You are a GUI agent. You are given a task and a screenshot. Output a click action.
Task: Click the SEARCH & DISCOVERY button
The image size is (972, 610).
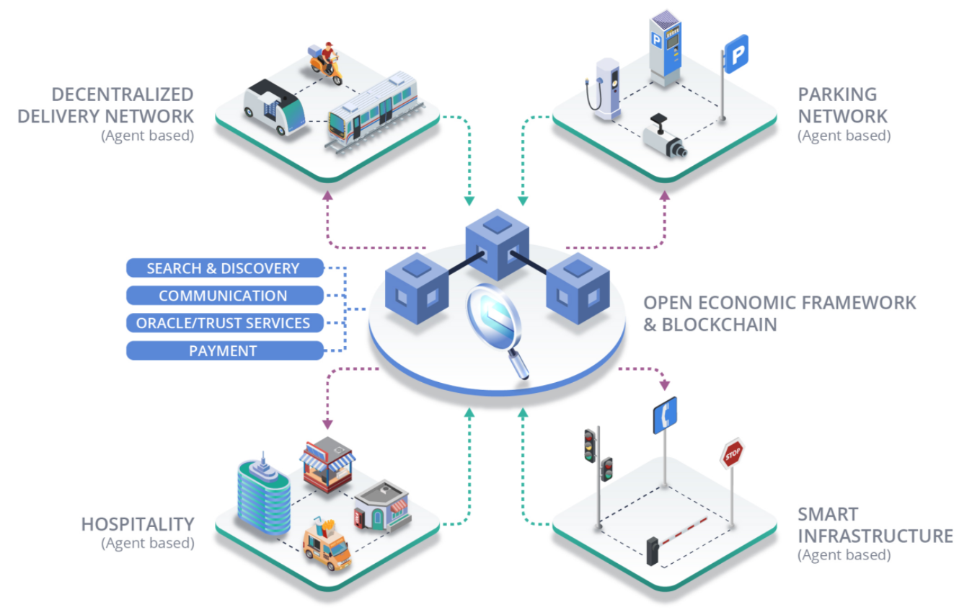coord(225,268)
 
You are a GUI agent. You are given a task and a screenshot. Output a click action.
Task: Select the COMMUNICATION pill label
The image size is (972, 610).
coord(225,296)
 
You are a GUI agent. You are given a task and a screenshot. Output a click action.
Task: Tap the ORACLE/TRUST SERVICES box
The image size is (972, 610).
coord(225,323)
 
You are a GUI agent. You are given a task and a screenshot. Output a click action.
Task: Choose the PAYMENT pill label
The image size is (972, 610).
coord(225,350)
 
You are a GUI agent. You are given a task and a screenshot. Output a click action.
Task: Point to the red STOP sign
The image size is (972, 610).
coord(733,454)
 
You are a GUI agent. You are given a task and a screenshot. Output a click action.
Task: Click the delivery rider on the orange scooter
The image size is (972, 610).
coord(325,63)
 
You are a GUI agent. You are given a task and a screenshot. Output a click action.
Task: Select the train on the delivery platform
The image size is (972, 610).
coord(374,112)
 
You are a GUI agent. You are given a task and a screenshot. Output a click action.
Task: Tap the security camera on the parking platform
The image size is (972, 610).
coord(664,137)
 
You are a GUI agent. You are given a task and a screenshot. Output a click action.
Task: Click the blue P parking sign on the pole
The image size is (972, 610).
coord(737,54)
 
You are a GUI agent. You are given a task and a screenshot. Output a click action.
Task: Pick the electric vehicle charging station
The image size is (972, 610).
coord(604,89)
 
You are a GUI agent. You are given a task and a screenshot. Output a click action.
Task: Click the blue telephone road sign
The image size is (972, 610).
coord(665,415)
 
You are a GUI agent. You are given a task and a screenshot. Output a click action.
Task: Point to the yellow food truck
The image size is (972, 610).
coord(327,544)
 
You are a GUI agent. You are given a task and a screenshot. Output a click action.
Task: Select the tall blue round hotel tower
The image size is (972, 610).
coord(264,494)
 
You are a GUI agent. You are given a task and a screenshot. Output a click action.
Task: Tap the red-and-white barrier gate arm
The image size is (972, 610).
coord(683,530)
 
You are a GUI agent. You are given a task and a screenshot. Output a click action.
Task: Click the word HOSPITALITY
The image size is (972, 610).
coord(138,524)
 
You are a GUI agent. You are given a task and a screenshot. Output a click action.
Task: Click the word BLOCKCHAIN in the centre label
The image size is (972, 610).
coord(719,325)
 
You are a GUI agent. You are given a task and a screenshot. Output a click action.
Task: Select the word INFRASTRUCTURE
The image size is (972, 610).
coord(875,536)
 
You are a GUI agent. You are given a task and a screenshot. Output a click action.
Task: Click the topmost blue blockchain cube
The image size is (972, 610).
coord(498,244)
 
